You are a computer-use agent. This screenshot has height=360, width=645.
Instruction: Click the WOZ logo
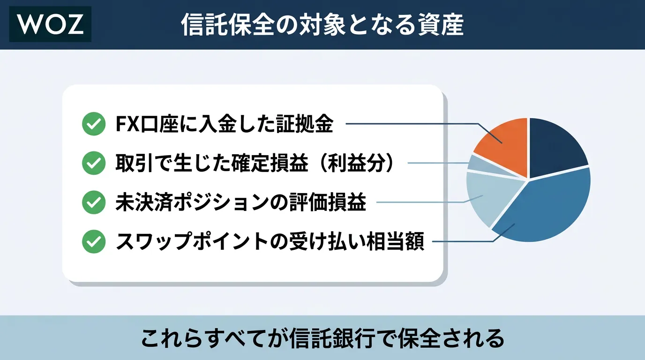point(51,24)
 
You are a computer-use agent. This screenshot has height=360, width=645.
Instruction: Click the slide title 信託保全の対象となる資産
point(322,25)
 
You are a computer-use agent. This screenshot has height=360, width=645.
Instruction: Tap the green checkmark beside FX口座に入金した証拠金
point(94,124)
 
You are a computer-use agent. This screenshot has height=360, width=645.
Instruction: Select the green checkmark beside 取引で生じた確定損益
point(94,163)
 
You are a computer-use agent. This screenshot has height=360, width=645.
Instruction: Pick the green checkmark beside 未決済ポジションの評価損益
point(94,202)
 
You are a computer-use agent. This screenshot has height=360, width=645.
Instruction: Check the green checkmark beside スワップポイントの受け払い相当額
point(94,241)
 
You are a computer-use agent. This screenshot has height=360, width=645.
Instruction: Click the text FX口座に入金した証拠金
point(225,124)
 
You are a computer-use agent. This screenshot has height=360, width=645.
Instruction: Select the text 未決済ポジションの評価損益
point(241,202)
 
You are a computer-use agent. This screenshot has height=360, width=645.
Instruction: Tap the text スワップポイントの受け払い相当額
point(270,241)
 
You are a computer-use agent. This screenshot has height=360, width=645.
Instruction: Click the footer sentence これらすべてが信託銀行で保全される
point(322,338)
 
